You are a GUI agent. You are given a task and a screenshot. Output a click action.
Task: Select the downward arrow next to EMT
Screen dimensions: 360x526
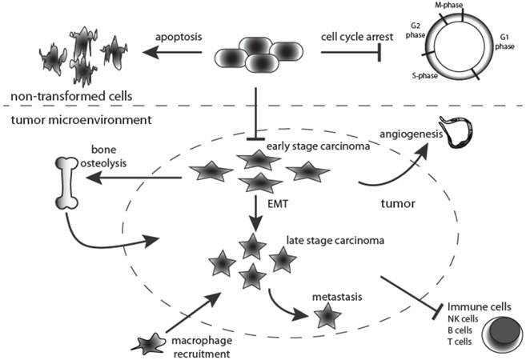tap(255, 212)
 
